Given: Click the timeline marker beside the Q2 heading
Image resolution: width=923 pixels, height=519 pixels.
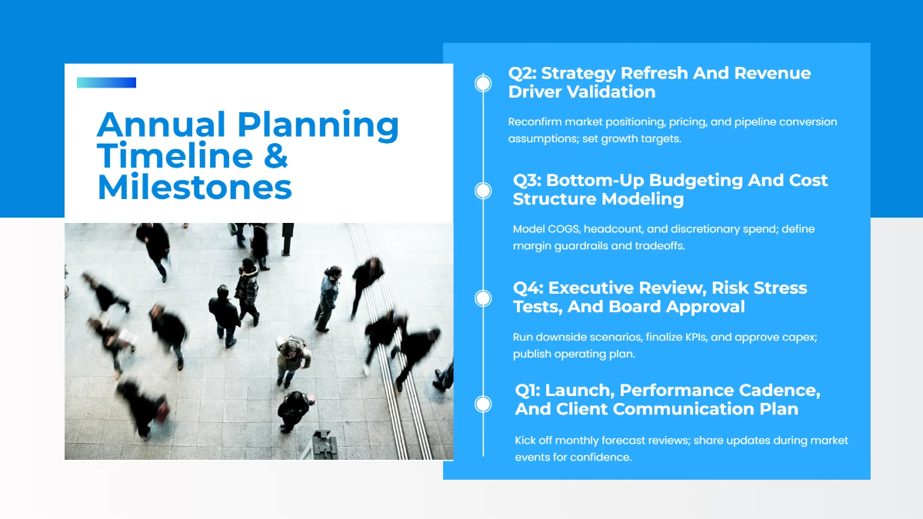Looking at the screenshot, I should point(483,83).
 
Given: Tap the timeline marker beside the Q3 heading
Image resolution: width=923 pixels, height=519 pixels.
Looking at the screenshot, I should point(483,190).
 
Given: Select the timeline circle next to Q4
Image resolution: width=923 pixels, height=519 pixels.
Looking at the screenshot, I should point(483,298).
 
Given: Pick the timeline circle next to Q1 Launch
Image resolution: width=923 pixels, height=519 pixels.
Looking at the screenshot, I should point(483,404).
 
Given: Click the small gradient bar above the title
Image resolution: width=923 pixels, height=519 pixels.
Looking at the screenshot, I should point(106,82).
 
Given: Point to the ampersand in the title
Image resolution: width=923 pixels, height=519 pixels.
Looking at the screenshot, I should point(276,156).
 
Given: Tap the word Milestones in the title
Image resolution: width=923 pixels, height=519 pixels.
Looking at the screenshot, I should point(195,188).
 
